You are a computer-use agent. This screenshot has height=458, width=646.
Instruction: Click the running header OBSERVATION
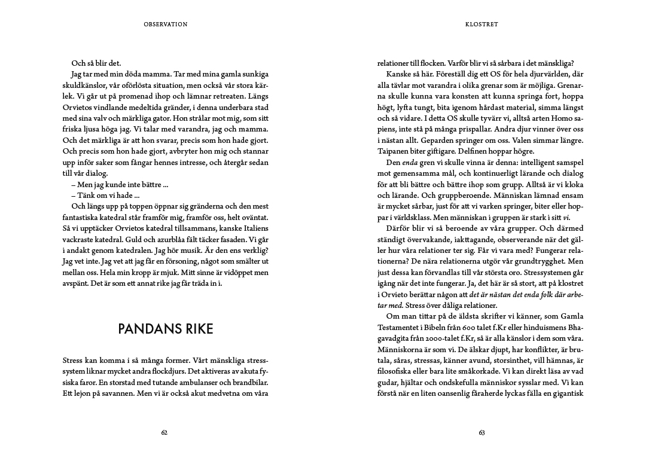[x=166, y=25]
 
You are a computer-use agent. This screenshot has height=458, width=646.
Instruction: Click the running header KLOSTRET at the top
[x=482, y=25]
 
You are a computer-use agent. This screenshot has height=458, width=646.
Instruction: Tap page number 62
[x=164, y=433]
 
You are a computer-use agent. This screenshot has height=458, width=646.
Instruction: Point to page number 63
[x=482, y=433]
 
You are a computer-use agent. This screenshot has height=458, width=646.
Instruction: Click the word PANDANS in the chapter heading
[x=145, y=329]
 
